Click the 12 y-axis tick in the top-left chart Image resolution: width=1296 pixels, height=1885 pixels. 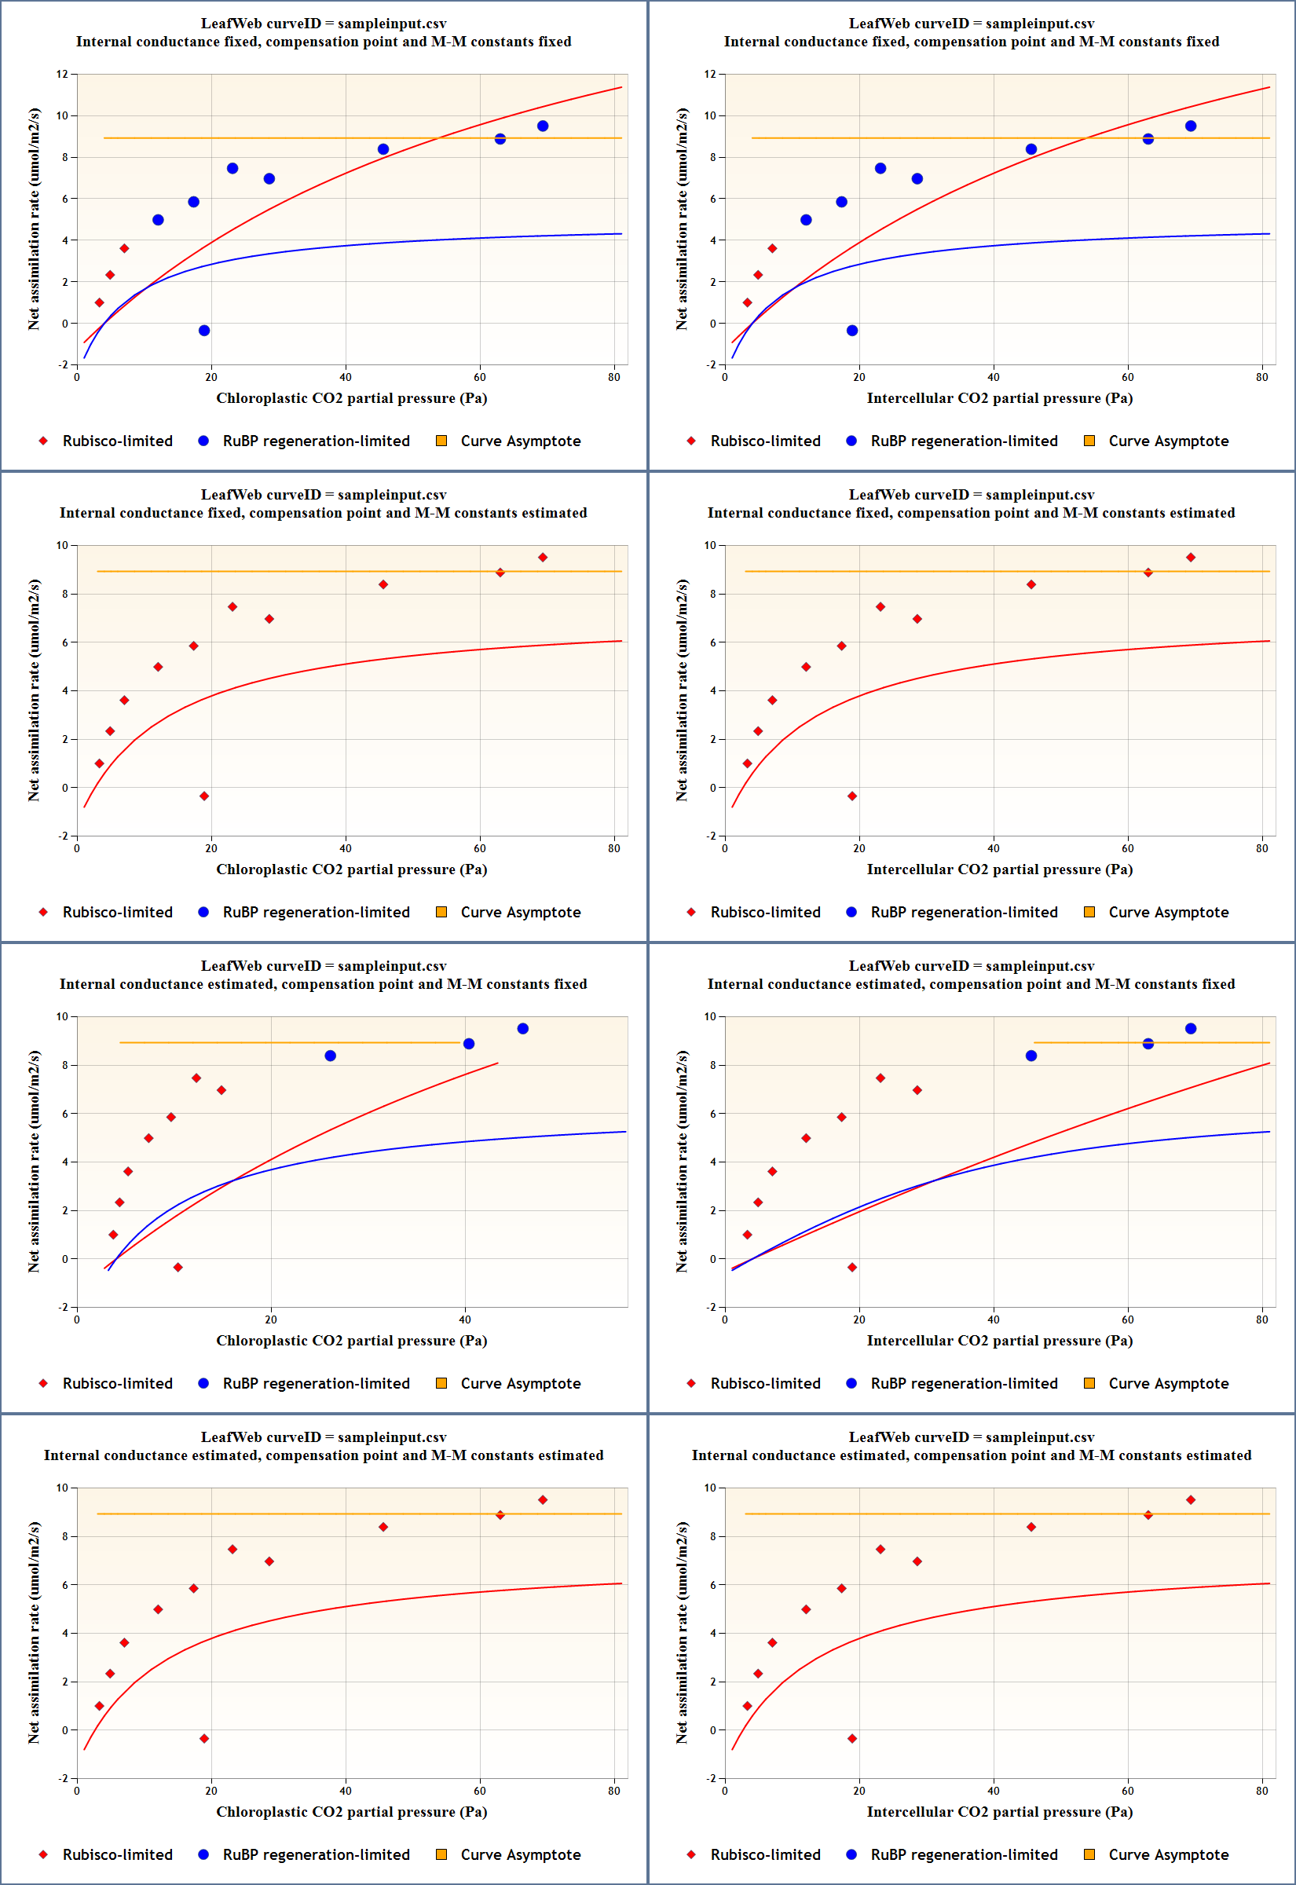pos(62,74)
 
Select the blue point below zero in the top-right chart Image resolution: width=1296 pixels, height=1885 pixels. pos(851,331)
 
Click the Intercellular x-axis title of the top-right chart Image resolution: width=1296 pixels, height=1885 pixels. pos(999,397)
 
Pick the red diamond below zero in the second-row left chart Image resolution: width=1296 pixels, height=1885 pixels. pos(203,796)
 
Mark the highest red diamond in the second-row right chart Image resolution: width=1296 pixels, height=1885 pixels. pos(1191,558)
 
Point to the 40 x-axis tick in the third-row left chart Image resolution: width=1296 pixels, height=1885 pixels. pos(464,1319)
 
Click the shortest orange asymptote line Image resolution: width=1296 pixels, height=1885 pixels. pos(1151,1042)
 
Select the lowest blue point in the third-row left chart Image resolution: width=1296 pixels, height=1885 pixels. pos(331,1056)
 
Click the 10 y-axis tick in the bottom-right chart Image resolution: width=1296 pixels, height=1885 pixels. pos(710,1488)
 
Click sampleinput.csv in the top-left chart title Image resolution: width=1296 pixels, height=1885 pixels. pos(391,24)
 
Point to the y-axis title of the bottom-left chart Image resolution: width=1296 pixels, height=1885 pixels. pos(33,1634)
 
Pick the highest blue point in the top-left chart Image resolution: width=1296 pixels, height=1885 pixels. pos(543,126)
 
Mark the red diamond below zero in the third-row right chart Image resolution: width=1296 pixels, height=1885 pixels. pos(851,1267)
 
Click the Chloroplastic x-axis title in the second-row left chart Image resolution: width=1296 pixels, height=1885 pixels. pos(351,869)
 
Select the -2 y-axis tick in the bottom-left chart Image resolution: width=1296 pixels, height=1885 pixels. pos(62,1779)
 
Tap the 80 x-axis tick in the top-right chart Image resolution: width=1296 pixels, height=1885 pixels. pos(1261,377)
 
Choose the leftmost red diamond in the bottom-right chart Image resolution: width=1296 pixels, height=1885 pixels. pos(747,1706)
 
